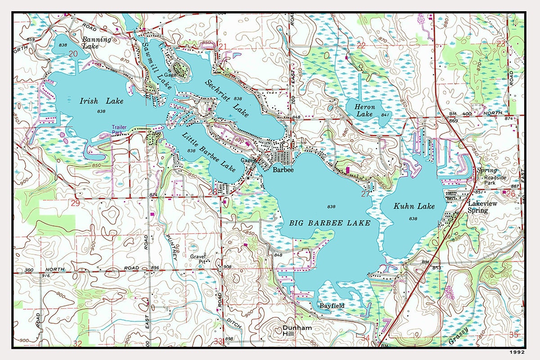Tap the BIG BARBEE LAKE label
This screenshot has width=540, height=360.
[330, 223]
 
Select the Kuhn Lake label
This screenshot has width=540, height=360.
[414, 207]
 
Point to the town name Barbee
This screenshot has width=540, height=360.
[283, 170]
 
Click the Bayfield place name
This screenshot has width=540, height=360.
[332, 306]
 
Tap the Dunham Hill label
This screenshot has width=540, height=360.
[297, 331]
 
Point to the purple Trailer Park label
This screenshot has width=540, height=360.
[119, 130]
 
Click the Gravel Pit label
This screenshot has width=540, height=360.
[198, 259]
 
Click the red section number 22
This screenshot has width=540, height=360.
[361, 45]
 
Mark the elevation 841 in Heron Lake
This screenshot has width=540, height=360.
[384, 115]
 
